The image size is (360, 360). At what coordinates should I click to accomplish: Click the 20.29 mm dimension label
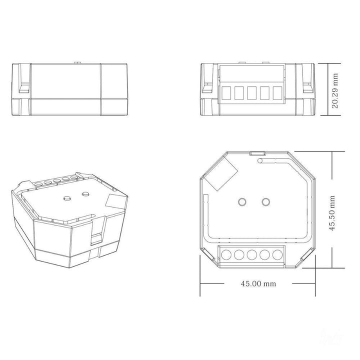point(335,90)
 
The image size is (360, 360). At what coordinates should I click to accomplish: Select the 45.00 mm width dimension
point(258,283)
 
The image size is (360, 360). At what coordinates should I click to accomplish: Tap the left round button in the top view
point(242,202)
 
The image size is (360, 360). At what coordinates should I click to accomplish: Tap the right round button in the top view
point(266,202)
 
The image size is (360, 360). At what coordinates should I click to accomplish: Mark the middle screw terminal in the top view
point(251,255)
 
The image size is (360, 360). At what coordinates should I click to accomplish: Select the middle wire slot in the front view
point(251,93)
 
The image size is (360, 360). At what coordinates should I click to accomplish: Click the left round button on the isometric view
point(65,198)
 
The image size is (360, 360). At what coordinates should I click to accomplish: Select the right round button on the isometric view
point(85,192)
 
